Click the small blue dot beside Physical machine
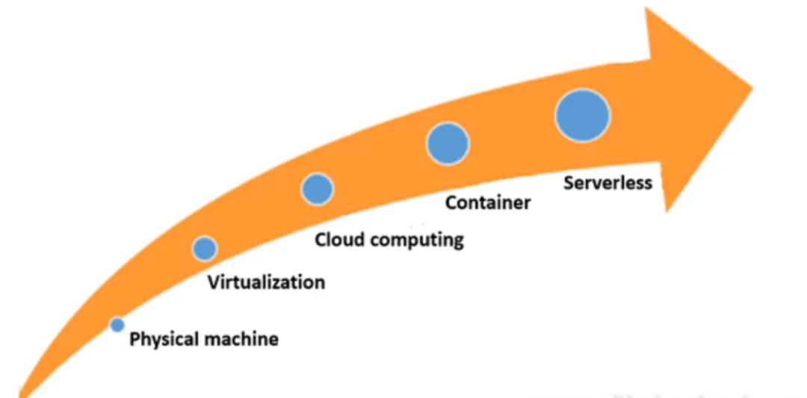coord(117,325)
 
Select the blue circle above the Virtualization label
coord(204,249)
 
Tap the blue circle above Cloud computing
coord(317,189)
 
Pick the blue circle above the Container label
coord(448,143)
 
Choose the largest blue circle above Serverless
coord(582,116)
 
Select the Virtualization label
coord(267,282)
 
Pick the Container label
coord(487,202)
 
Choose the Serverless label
coord(607,182)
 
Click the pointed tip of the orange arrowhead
coord(753,87)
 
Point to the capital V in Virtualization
coord(214,282)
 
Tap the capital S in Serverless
coord(569,182)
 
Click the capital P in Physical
coord(134,339)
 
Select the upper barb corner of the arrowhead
coord(646,8)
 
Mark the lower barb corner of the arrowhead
coord(666,211)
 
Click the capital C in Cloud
coord(321,240)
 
